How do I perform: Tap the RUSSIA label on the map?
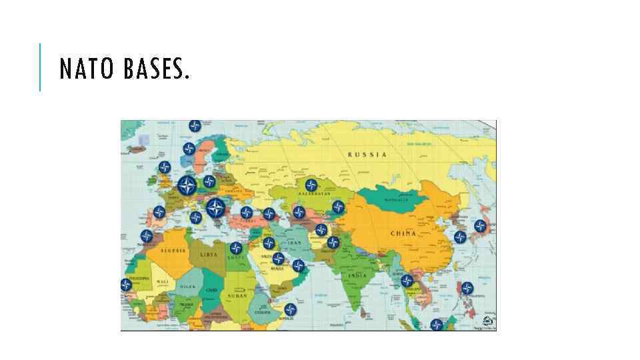[x=367, y=155]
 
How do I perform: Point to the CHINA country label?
[x=403, y=233]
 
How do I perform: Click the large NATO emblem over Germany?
[x=187, y=185]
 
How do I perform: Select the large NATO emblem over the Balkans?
[x=215, y=209]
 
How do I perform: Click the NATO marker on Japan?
[x=479, y=225]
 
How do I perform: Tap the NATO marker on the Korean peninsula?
[x=459, y=236]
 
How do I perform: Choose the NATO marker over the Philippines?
[x=467, y=288]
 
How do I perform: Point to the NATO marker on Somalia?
[x=290, y=309]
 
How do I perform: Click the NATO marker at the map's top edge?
[x=194, y=125]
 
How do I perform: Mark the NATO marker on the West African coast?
[x=126, y=285]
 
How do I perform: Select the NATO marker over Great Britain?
[x=165, y=167]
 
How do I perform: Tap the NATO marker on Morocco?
[x=146, y=236]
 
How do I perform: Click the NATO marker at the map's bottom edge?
[x=436, y=325]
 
